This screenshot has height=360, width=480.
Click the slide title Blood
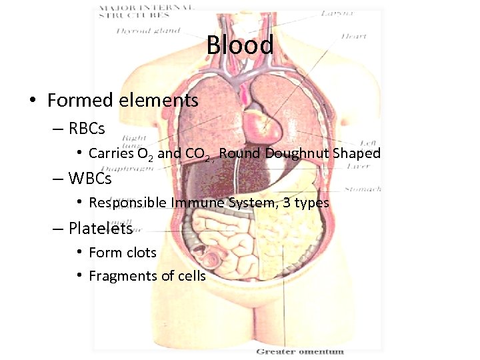pyautogui.click(x=239, y=45)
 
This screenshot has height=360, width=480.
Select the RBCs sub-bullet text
pyautogui.click(x=86, y=127)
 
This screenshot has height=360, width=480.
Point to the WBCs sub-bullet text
pyautogui.click(x=89, y=179)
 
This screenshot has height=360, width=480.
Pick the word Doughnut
pyautogui.click(x=299, y=153)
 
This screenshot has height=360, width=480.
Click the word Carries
pyautogui.click(x=111, y=153)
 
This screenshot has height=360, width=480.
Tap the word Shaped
pyautogui.click(x=357, y=153)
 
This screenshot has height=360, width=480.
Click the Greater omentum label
pyautogui.click(x=300, y=351)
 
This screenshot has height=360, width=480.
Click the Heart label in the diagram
pyautogui.click(x=353, y=37)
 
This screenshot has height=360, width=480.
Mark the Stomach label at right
pyautogui.click(x=363, y=189)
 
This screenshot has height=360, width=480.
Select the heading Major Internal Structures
pyautogui.click(x=147, y=11)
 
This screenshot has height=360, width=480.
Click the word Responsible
pyautogui.click(x=127, y=203)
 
